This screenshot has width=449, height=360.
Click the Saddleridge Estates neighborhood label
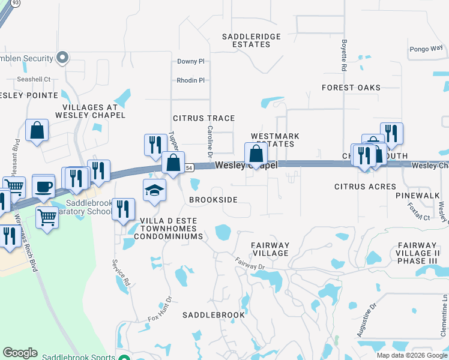pos(252,40)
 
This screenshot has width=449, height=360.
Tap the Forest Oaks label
pos(351,88)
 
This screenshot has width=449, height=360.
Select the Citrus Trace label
pos(203,118)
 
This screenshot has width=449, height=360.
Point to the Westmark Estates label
pos(273,140)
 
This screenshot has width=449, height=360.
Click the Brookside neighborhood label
pos(213,199)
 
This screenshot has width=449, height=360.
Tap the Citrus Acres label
pos(365,187)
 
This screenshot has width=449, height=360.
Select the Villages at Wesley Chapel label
pos(90,110)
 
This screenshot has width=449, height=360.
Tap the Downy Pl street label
pos(191,61)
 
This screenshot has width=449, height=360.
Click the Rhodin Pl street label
pos(190,80)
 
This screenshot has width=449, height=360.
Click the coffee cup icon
pos(43,185)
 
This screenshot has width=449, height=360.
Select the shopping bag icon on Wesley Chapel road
pos(256,153)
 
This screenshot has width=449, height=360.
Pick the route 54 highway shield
pos(188,167)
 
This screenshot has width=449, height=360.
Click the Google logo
pos(20,353)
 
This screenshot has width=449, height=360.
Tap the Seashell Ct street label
pos(34,79)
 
